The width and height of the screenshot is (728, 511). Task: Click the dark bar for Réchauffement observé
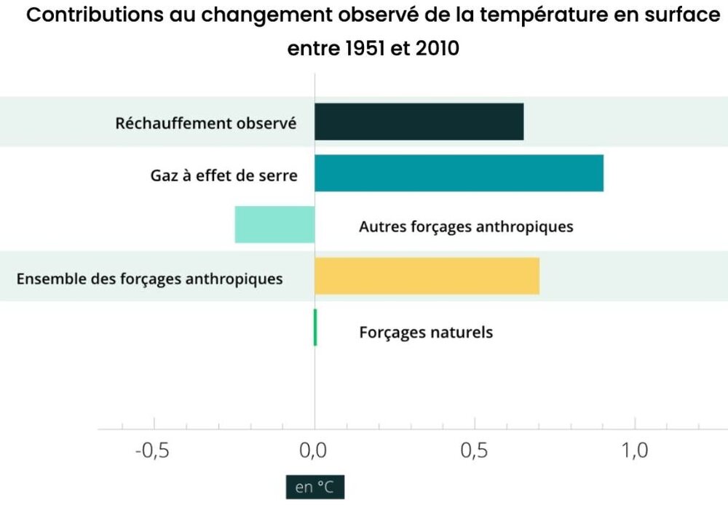click(x=419, y=122)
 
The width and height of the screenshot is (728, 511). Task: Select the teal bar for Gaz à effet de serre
click(x=459, y=173)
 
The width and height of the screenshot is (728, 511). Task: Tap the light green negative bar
click(x=274, y=224)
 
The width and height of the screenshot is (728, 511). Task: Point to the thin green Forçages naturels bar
click(x=315, y=328)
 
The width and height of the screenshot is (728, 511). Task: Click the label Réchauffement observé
click(x=206, y=123)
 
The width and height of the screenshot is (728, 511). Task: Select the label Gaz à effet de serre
click(x=224, y=175)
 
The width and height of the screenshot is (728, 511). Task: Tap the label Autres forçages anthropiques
click(x=466, y=226)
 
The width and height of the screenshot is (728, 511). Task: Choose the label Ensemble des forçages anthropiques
click(x=149, y=278)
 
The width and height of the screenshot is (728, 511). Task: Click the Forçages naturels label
click(x=426, y=333)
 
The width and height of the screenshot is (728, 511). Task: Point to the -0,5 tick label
click(x=152, y=451)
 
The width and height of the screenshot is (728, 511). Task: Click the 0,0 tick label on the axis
click(x=314, y=451)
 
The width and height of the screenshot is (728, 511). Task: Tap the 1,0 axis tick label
click(x=635, y=451)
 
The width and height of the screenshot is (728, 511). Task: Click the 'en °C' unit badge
click(x=314, y=487)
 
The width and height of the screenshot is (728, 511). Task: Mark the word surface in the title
click(x=686, y=17)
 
